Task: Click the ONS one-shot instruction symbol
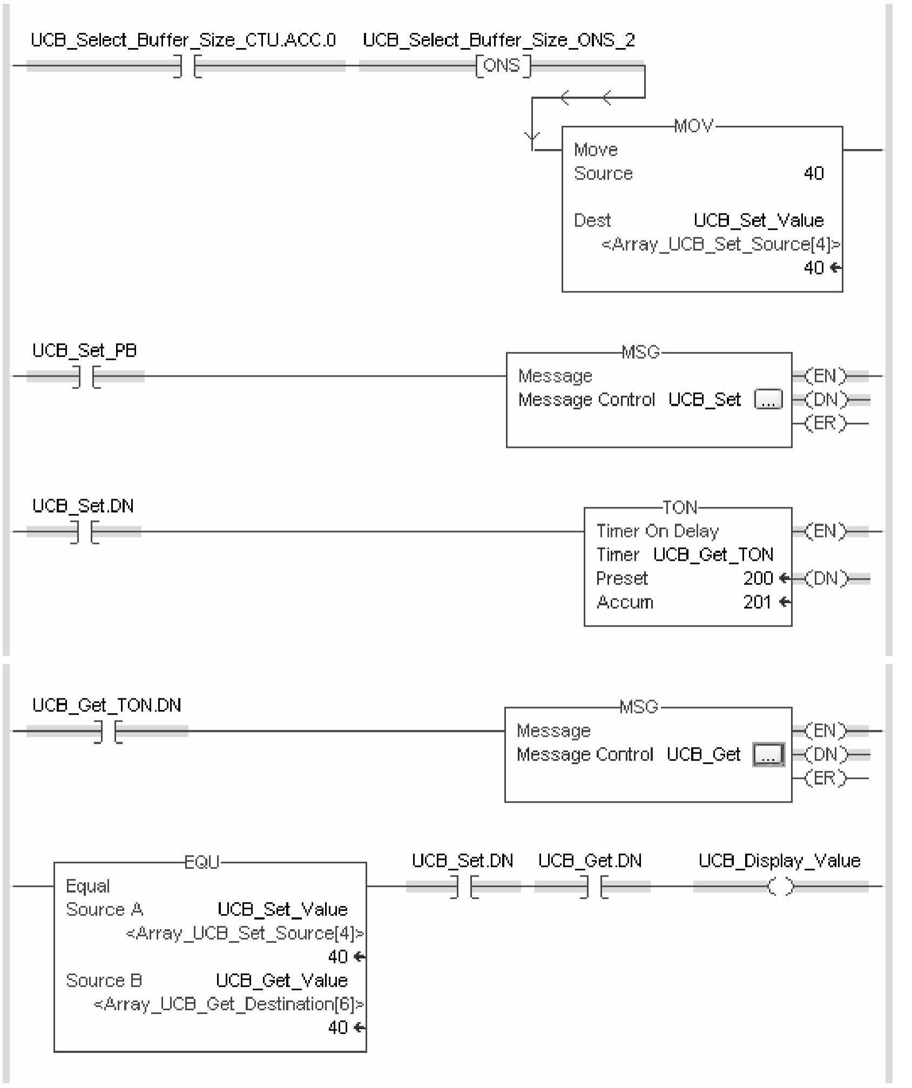coord(503,66)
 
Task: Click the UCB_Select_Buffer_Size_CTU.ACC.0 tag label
coord(184,40)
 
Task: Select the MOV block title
coord(694,126)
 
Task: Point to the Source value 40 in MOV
coord(813,173)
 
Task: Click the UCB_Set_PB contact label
coord(85,351)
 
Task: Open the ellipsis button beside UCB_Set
coord(768,400)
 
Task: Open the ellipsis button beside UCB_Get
coord(768,755)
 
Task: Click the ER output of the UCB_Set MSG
coord(826,424)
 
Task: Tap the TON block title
coord(680,507)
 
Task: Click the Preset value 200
coord(758,579)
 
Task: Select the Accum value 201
coord(757,602)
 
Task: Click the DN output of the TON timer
coord(826,579)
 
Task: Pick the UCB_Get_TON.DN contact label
coord(107,705)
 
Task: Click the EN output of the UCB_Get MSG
coord(826,731)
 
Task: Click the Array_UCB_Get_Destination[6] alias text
coord(229,1004)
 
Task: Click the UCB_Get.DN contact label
coord(590,861)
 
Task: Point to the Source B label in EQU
coord(104,980)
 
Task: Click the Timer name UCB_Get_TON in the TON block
coord(713,555)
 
